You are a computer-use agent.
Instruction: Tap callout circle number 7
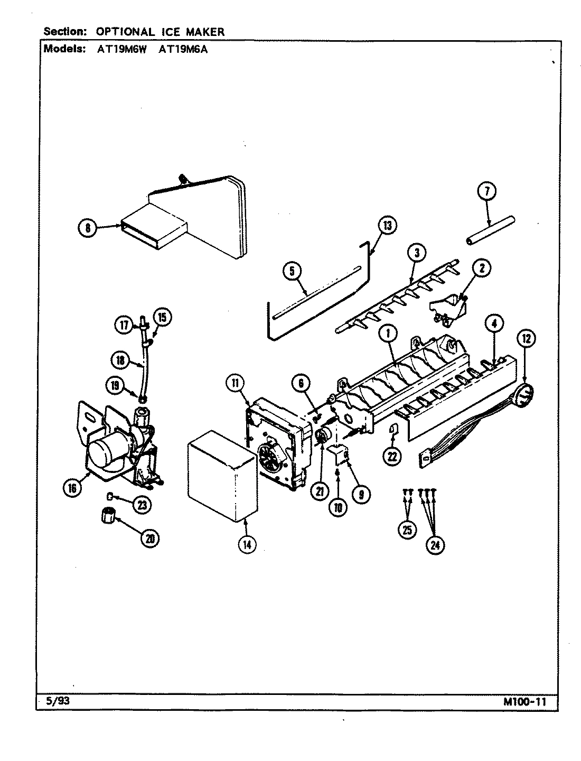coord(486,191)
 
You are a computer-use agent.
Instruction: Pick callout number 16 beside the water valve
coord(72,488)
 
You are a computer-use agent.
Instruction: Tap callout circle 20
coord(150,538)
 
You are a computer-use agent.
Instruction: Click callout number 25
coord(407,530)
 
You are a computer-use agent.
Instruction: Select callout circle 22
coord(392,456)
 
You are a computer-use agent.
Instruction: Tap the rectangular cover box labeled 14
coord(220,473)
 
